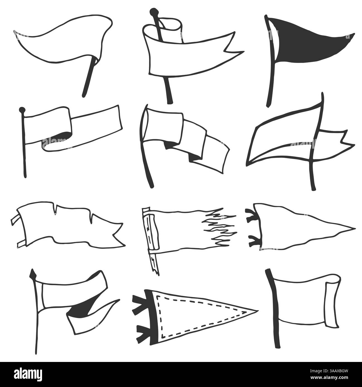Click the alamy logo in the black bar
pos(28,374)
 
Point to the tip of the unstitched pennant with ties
pos(355,228)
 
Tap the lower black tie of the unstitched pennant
pos(254,241)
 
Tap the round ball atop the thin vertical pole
pos(21,110)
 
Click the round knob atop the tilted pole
pos(153,11)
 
